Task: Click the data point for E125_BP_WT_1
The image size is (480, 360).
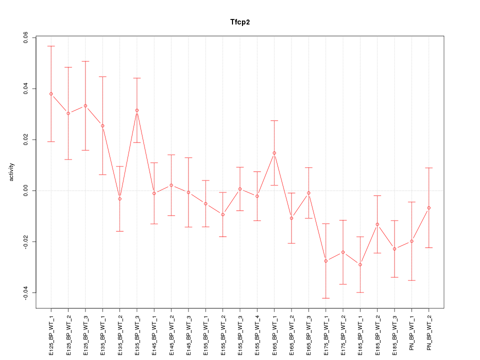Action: pyautogui.click(x=51, y=94)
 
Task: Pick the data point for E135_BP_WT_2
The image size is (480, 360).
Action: pyautogui.click(x=119, y=199)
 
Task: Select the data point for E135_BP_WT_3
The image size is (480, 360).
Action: pyautogui.click(x=137, y=110)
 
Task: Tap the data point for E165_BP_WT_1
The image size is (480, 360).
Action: pyautogui.click(x=274, y=153)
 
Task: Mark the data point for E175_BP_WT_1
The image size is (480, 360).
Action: pyautogui.click(x=326, y=261)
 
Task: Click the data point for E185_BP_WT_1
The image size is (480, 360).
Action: pyautogui.click(x=360, y=264)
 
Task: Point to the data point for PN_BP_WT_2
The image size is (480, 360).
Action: pyautogui.click(x=429, y=207)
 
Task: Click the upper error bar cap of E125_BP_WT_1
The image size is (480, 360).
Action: pyautogui.click(x=51, y=46)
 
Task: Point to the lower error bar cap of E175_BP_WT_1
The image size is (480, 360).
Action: pyautogui.click(x=326, y=298)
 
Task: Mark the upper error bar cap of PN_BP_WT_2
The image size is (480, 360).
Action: pyautogui.click(x=429, y=168)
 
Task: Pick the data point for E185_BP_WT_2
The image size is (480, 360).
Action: pyautogui.click(x=377, y=224)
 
